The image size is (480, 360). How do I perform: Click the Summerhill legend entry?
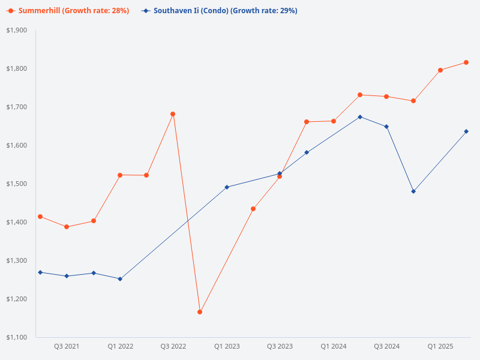[x=68, y=11]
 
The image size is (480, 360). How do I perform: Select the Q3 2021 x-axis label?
[x=67, y=346]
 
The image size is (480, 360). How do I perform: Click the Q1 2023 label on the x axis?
[x=227, y=346]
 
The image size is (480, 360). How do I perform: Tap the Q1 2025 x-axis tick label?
[x=440, y=346]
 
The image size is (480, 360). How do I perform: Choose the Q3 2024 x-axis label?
[x=387, y=346]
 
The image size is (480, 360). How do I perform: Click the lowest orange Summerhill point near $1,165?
[x=200, y=312]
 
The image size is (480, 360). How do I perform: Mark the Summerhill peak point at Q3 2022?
[x=173, y=114]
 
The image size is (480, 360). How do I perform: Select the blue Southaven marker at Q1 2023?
[x=227, y=187]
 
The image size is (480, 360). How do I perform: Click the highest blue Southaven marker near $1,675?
[x=360, y=117]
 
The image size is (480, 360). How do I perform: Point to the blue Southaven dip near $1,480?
[x=413, y=191]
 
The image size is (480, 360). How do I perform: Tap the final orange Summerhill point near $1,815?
[x=466, y=62]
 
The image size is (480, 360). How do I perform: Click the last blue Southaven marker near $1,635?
[x=466, y=131]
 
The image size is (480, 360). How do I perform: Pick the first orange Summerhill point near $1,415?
[x=40, y=217]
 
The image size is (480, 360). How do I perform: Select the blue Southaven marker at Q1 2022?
[x=120, y=279]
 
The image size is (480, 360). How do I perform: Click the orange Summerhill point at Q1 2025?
[x=440, y=70]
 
